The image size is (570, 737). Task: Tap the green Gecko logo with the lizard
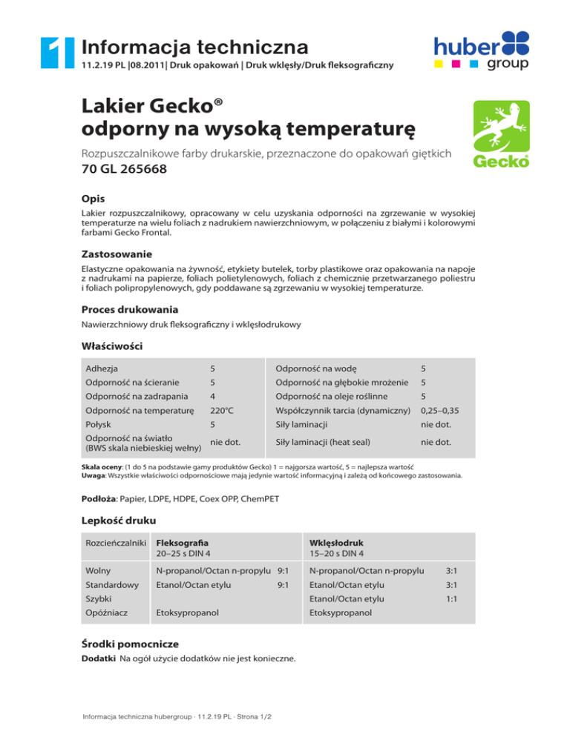[x=501, y=134]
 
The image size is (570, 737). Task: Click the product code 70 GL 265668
[x=124, y=170]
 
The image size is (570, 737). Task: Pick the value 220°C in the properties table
[x=222, y=410]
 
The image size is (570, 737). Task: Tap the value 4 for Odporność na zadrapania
[x=213, y=396]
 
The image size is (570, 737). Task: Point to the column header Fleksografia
[x=182, y=542]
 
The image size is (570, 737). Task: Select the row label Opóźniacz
[x=108, y=613]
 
